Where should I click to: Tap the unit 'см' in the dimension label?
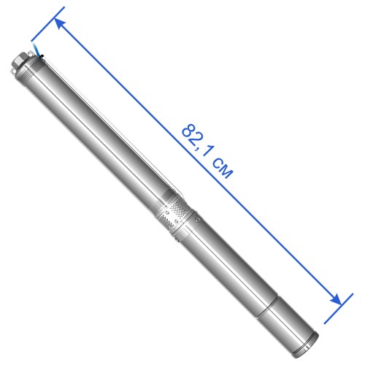point(223,169)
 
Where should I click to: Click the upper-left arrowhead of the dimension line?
point(60,23)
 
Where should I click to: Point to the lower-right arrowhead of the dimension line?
point(336,299)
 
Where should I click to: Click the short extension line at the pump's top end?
point(47,24)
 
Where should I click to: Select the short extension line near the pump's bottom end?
point(339,309)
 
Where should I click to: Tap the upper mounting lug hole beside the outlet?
point(31,54)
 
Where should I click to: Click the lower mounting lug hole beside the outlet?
point(13,71)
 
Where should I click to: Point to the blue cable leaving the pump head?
point(36,49)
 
